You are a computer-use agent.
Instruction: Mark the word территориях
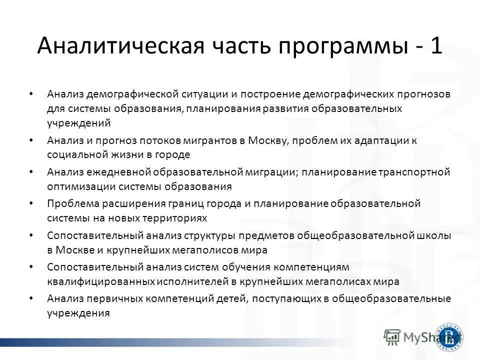[x=169, y=218]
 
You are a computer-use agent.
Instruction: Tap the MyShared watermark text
[x=420, y=338]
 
